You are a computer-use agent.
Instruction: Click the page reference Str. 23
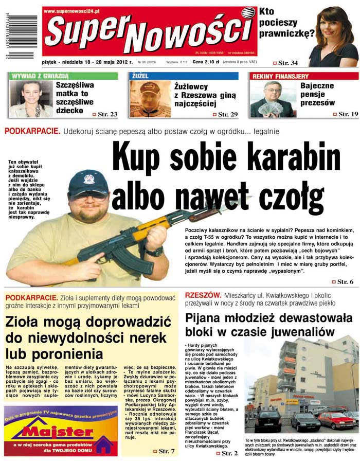pos(107,114)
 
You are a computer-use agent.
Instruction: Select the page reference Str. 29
pos(227,114)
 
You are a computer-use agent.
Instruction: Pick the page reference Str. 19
pos(348,114)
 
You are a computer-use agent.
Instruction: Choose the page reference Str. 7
pos(167,451)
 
